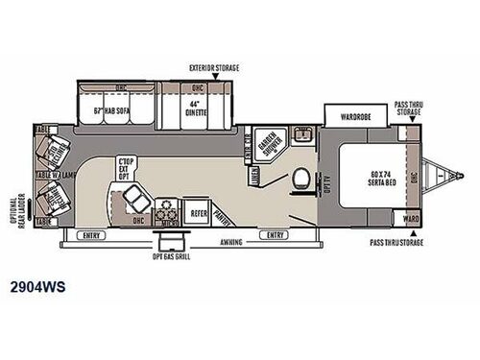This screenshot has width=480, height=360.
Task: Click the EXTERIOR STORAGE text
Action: (x=213, y=68)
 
